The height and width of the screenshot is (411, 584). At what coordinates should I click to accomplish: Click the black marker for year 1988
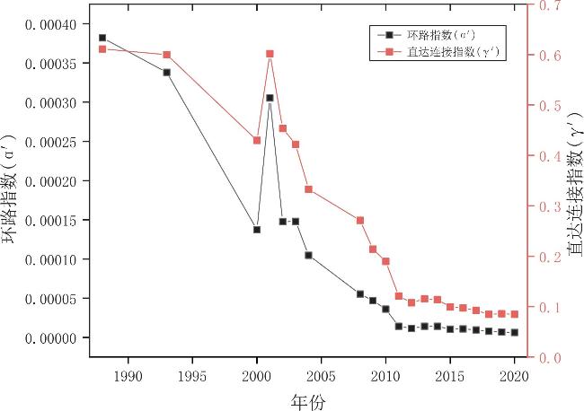click(x=102, y=38)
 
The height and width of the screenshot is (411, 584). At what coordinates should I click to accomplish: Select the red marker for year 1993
click(x=167, y=55)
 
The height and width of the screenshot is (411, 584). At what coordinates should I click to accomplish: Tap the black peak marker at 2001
click(x=270, y=98)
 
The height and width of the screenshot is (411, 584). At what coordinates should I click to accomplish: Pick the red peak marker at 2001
click(x=270, y=54)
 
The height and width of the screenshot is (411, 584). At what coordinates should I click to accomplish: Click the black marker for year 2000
click(x=257, y=230)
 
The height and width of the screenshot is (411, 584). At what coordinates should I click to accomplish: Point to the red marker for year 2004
click(x=308, y=189)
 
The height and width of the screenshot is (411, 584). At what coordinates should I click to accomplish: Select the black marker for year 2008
click(x=360, y=293)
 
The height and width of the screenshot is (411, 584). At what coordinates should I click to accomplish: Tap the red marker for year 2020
click(x=515, y=314)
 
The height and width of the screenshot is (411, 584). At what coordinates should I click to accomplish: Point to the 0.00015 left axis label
click(x=52, y=221)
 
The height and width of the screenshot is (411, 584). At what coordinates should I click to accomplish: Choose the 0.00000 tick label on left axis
click(x=52, y=338)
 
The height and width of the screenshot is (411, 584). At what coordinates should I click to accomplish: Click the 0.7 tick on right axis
click(x=549, y=6)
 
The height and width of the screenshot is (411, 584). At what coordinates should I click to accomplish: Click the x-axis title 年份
click(x=308, y=399)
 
